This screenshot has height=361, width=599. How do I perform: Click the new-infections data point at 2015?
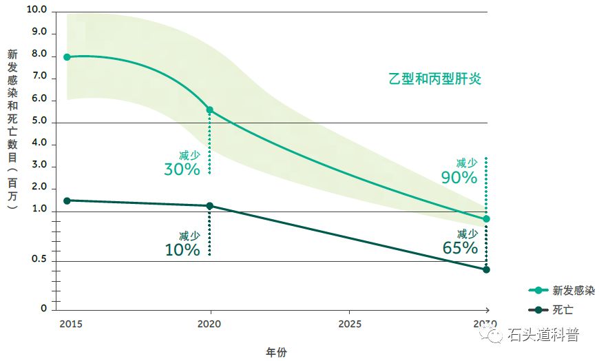click(x=67, y=57)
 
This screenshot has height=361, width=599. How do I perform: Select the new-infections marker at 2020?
click(x=209, y=110)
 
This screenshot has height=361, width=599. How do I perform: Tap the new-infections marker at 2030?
click(x=486, y=219)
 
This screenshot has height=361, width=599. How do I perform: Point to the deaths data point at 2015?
click(x=67, y=200)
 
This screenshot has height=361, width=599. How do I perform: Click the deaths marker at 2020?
click(x=209, y=206)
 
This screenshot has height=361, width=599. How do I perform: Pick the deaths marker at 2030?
click(x=486, y=269)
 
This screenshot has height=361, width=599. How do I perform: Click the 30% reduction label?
click(x=182, y=169)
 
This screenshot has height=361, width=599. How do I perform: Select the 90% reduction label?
click(x=459, y=177)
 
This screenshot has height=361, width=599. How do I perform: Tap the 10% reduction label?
click(x=182, y=249)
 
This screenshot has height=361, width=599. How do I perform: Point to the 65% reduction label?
click(x=460, y=247)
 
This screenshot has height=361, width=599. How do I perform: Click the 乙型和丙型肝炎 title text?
click(x=434, y=79)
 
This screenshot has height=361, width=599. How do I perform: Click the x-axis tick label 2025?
click(x=349, y=324)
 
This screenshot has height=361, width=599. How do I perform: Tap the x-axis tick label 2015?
click(x=69, y=324)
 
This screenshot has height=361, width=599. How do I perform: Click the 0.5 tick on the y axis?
click(x=39, y=260)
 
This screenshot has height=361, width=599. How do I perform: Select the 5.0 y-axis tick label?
click(x=39, y=121)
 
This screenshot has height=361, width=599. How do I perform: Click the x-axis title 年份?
click(x=276, y=352)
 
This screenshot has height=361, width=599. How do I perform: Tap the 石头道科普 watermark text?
click(x=543, y=336)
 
